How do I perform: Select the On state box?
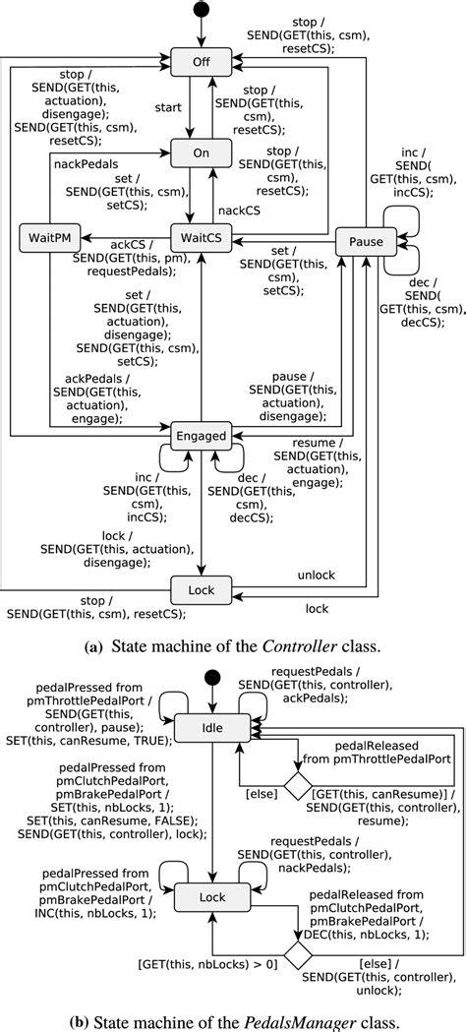pos(201,152)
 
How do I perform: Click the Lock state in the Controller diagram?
pos(201,589)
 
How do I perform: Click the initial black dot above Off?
pos(201,11)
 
